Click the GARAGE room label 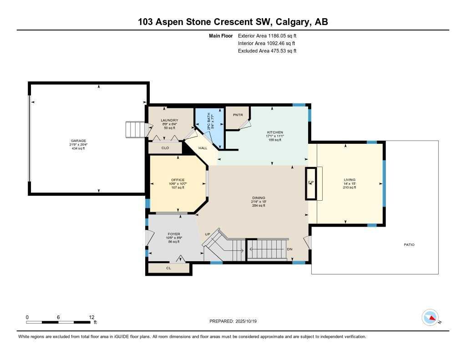(x=78, y=141)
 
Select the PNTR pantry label (x=238, y=115)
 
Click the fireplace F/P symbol (x=311, y=183)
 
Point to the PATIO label (x=409, y=245)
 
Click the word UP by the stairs (x=208, y=234)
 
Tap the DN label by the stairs (x=289, y=249)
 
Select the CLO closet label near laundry (x=165, y=148)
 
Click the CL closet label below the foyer (x=168, y=269)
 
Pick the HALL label (x=203, y=148)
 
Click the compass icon (x=430, y=317)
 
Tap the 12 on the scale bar (x=91, y=317)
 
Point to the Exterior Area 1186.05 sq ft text (x=267, y=35)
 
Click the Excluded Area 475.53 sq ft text (x=267, y=51)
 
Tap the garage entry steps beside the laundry (x=135, y=129)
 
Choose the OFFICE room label (x=177, y=180)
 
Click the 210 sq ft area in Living (x=349, y=187)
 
